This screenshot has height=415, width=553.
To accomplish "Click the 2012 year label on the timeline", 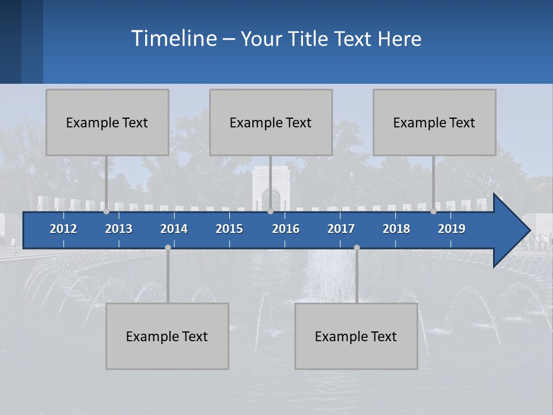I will (x=63, y=229).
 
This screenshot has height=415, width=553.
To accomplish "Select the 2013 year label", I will (x=119, y=229).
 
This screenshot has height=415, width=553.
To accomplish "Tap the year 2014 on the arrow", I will (x=174, y=229).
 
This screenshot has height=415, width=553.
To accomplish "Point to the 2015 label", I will (x=229, y=229).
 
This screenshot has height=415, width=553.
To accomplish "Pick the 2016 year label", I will (x=286, y=229).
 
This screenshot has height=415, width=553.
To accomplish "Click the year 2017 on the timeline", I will (x=341, y=229).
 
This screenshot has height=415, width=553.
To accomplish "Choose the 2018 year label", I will (x=396, y=229).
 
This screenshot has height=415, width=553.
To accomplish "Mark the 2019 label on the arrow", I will (x=452, y=229).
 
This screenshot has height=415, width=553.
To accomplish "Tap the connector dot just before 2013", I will (x=106, y=212).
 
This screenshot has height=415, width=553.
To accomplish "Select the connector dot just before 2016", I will (x=270, y=212).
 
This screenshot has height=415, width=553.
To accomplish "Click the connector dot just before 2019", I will (x=433, y=212).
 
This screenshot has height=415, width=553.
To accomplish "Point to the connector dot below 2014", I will (x=168, y=247).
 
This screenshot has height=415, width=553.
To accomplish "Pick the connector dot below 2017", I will (x=357, y=247).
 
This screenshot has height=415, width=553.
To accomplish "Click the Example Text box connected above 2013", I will (x=107, y=122).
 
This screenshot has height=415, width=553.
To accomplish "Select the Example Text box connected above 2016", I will (x=271, y=122).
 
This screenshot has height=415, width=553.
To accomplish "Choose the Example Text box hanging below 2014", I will (x=167, y=336).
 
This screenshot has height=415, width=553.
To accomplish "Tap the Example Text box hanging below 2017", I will (x=356, y=336).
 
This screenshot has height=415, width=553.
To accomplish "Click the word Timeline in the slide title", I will (x=173, y=39).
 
